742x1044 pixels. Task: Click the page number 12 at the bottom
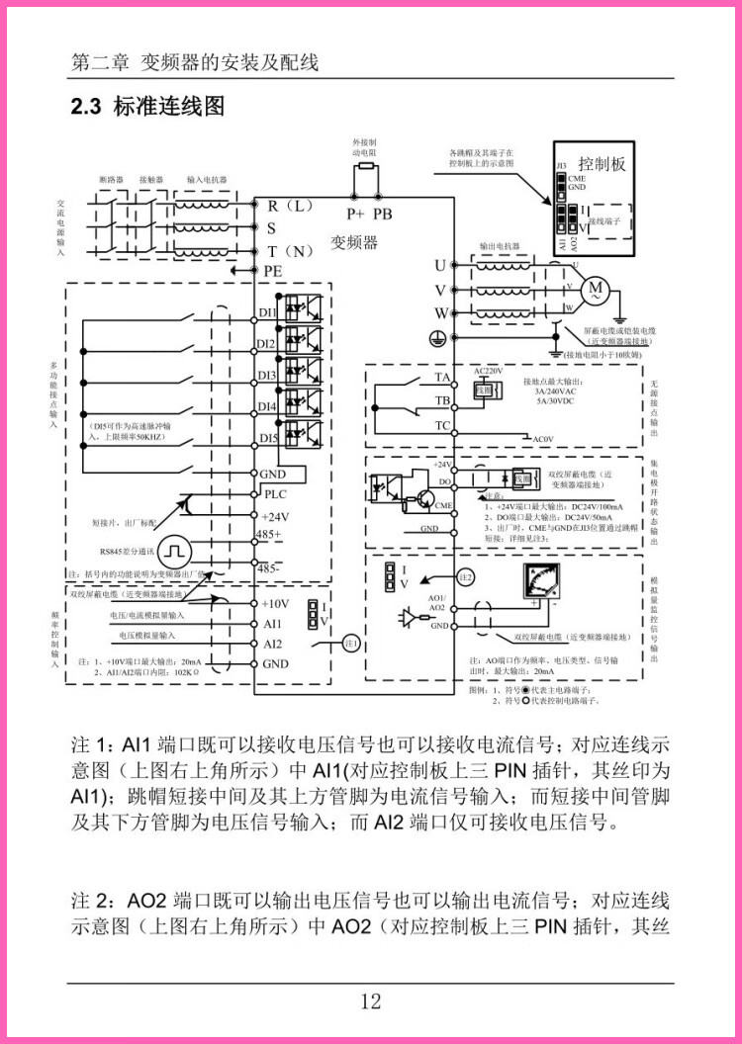(371, 1001)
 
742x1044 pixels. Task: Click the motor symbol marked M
(596, 289)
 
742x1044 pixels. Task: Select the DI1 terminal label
(267, 313)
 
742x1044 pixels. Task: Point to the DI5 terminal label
(267, 438)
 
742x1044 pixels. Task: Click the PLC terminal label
(274, 493)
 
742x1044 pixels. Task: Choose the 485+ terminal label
(269, 535)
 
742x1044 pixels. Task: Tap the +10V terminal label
(275, 603)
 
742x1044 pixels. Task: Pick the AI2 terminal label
(272, 644)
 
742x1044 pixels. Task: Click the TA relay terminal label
(442, 378)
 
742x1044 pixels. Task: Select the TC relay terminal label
(442, 426)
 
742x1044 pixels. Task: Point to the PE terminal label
(273, 270)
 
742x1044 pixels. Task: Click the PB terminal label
(383, 213)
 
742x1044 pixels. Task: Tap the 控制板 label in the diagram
(603, 164)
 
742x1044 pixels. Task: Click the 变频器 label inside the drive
(354, 242)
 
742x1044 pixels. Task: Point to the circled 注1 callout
(349, 644)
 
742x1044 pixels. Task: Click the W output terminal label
(441, 312)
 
